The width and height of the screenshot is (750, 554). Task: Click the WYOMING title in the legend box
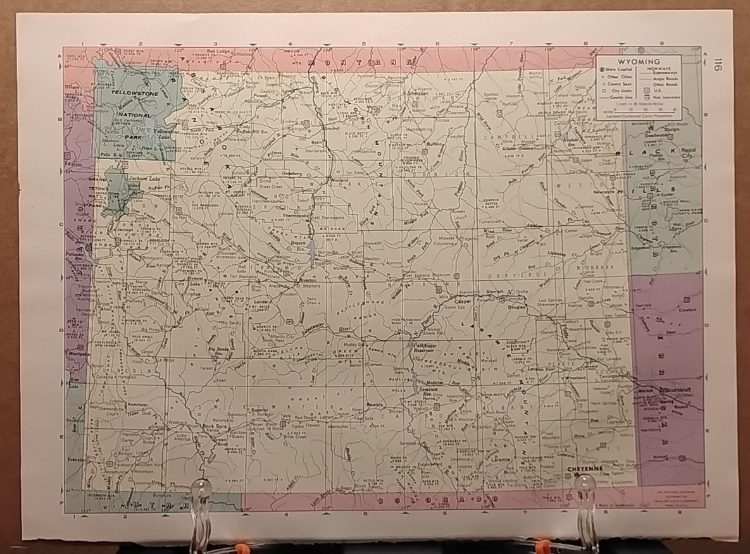coord(638,61)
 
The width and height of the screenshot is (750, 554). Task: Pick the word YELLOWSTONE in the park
coord(134,94)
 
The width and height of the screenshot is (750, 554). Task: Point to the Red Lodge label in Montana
coord(218,50)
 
